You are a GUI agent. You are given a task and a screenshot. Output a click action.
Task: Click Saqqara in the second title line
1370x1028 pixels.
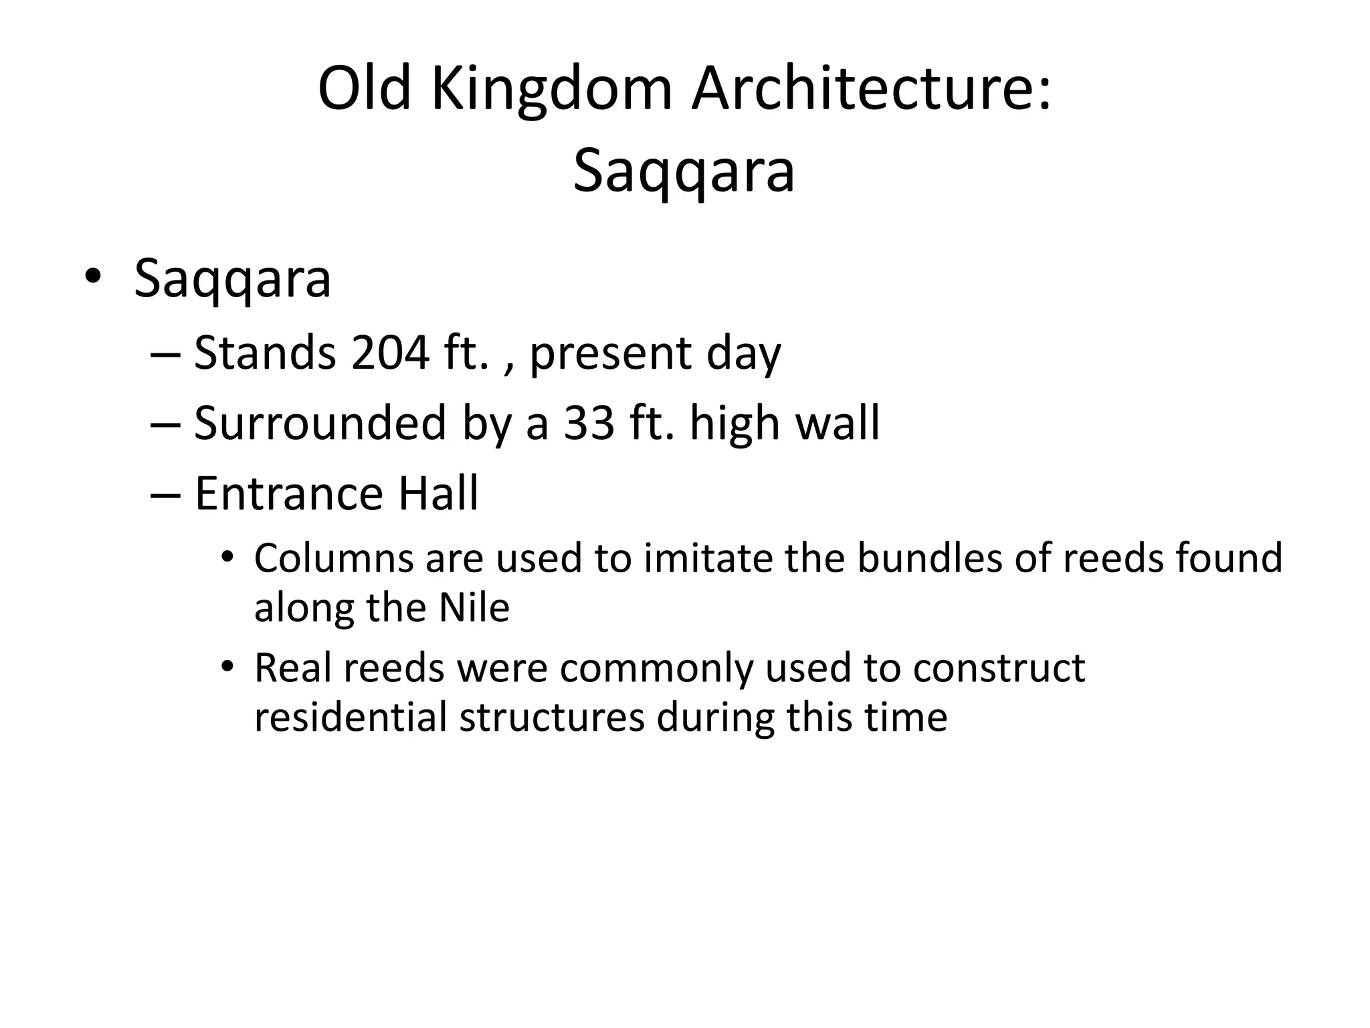point(684,172)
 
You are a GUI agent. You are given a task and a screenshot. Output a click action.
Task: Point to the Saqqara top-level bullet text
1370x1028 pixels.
point(232,279)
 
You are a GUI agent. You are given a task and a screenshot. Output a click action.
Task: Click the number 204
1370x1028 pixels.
point(389,353)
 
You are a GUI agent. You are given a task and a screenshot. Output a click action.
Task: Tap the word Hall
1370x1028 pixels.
point(439,494)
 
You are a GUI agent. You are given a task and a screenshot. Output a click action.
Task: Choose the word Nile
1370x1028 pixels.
point(474,608)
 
